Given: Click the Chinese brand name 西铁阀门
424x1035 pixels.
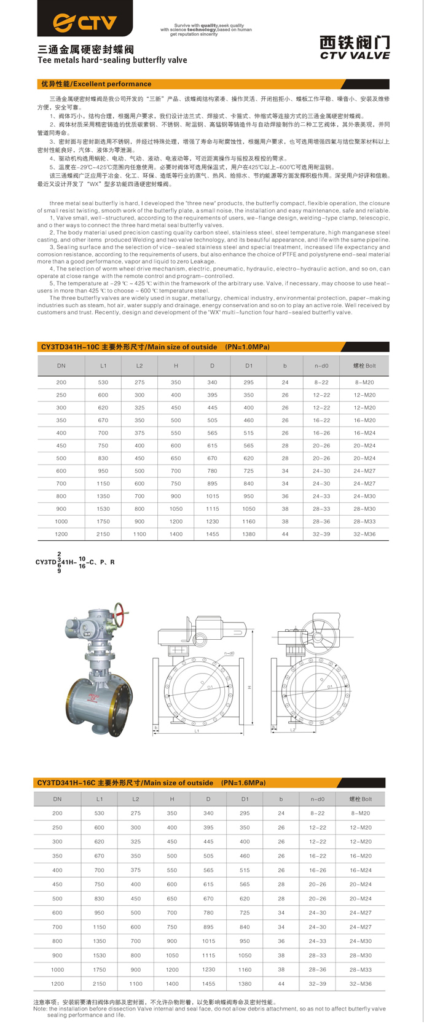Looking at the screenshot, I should [x=355, y=42].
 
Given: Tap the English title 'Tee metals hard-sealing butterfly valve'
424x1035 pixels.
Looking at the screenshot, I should [x=112, y=60].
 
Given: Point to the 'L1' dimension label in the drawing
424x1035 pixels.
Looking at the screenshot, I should [x=197, y=731].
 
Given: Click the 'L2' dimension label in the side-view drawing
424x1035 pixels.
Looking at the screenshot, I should [x=292, y=730].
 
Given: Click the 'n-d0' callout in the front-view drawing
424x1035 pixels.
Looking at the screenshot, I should [x=229, y=653].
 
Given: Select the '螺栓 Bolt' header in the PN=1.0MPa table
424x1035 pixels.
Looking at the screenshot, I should [x=364, y=366].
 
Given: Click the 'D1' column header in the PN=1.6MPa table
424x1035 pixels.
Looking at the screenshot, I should [x=245, y=799].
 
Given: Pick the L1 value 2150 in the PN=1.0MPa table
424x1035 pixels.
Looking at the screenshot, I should [x=103, y=534].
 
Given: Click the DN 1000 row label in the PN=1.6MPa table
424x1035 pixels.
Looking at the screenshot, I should [x=57, y=969].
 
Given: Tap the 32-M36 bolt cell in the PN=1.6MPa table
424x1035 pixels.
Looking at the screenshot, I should [x=361, y=983].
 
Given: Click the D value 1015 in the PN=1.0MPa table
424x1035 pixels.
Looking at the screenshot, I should [x=213, y=496].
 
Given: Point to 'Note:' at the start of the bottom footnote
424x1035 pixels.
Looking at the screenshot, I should [x=41, y=1009].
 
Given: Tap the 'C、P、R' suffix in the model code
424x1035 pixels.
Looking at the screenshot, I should [x=102, y=562].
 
